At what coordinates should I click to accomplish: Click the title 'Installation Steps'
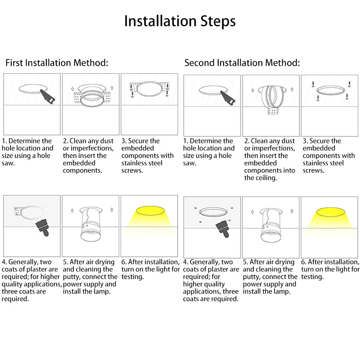tap(180, 21)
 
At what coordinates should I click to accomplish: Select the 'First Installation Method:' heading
tap(57, 63)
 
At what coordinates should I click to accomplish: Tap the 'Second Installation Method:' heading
tap(242, 63)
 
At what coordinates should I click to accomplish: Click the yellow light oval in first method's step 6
tap(150, 211)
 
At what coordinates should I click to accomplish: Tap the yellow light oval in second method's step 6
tap(330, 212)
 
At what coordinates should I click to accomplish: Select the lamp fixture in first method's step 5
tap(90, 224)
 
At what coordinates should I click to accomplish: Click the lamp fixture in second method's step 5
tap(271, 225)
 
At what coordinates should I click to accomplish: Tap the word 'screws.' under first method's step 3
tap(132, 171)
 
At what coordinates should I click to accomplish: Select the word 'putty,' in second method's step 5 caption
tap(252, 277)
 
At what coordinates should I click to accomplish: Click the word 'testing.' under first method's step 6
tap(132, 277)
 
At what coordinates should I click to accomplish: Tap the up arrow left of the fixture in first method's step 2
tap(72, 89)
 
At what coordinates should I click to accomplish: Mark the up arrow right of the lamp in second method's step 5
tap(292, 211)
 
